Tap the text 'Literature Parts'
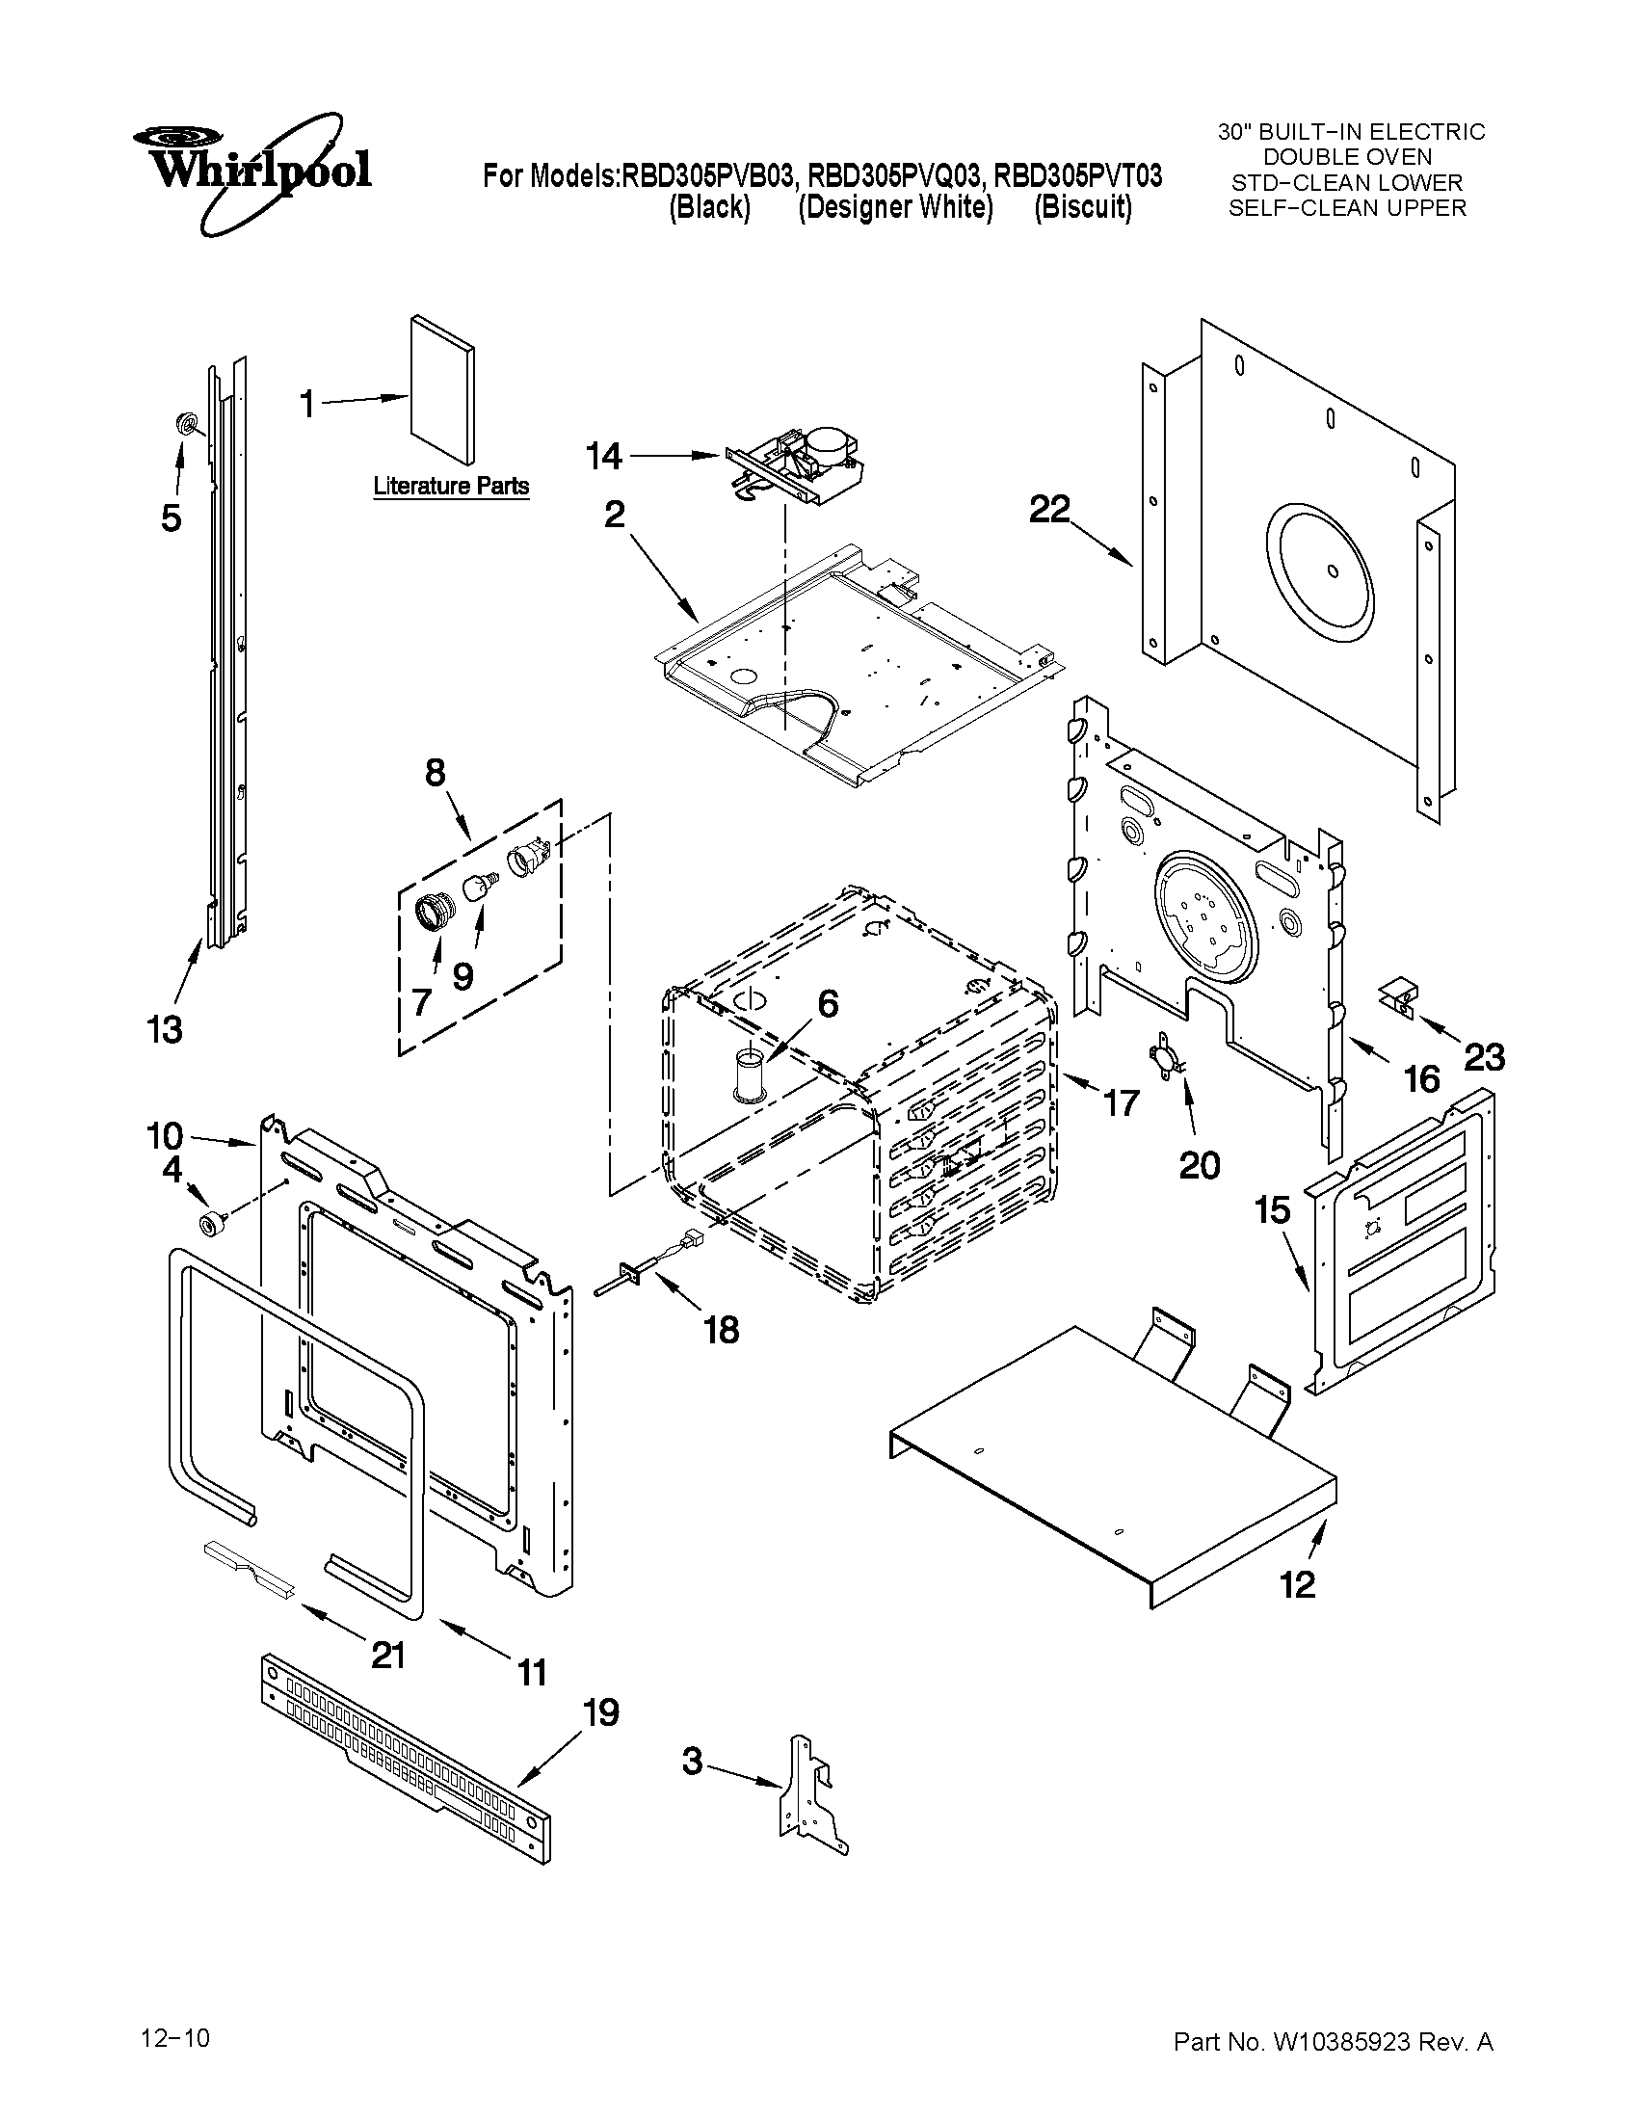click(x=452, y=486)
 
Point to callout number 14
click(x=604, y=455)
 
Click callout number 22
click(x=1048, y=509)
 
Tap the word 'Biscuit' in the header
click(x=1082, y=208)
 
